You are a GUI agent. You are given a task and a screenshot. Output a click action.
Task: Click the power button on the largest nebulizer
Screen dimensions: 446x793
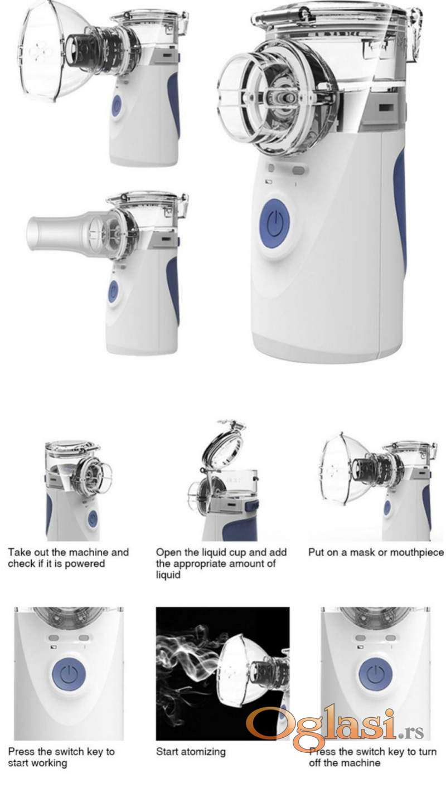(274, 223)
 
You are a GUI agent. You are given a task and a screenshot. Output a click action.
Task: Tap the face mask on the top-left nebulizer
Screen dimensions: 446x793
(42, 53)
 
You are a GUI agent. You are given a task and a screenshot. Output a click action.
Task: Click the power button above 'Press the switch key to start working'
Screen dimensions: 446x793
(69, 674)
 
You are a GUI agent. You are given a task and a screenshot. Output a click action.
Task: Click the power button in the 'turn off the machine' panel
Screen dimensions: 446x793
(376, 674)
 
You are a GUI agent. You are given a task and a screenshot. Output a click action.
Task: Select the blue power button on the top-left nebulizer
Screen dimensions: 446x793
(117, 106)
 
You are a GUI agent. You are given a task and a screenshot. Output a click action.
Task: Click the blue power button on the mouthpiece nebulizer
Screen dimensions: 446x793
(113, 291)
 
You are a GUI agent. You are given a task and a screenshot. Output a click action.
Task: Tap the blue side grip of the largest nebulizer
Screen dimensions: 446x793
(400, 209)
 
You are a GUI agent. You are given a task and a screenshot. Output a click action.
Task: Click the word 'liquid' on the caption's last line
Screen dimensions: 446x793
(168, 575)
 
